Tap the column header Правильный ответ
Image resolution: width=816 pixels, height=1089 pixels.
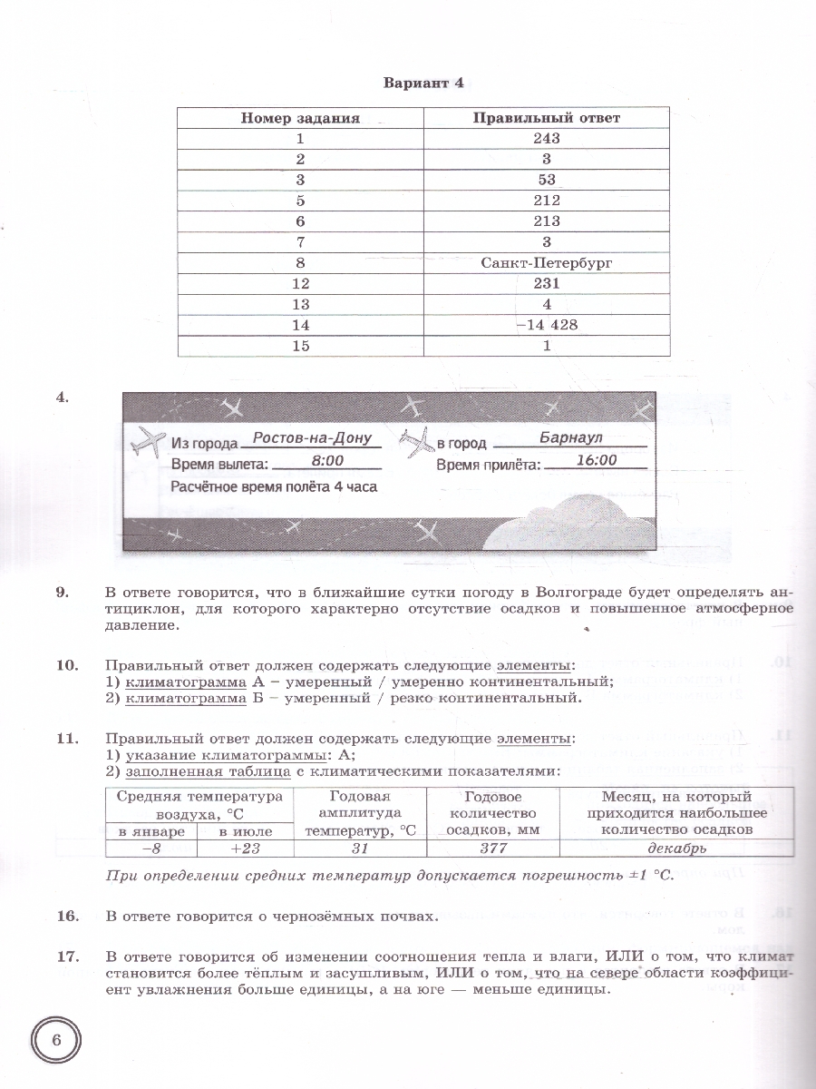tap(547, 118)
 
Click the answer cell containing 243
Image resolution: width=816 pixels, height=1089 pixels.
tap(547, 139)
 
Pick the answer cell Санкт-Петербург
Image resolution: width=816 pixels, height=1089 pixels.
tap(547, 263)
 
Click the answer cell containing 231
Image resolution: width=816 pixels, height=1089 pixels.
tap(547, 284)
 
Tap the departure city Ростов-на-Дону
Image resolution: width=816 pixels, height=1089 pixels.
tap(312, 438)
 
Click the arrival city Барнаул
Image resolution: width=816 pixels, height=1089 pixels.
tap(570, 438)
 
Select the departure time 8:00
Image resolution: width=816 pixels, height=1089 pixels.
tap(326, 461)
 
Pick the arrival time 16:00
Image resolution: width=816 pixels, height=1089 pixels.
tap(596, 461)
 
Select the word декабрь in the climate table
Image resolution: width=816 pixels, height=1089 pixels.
tap(676, 849)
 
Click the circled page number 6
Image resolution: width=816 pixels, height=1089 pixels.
tap(56, 1041)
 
